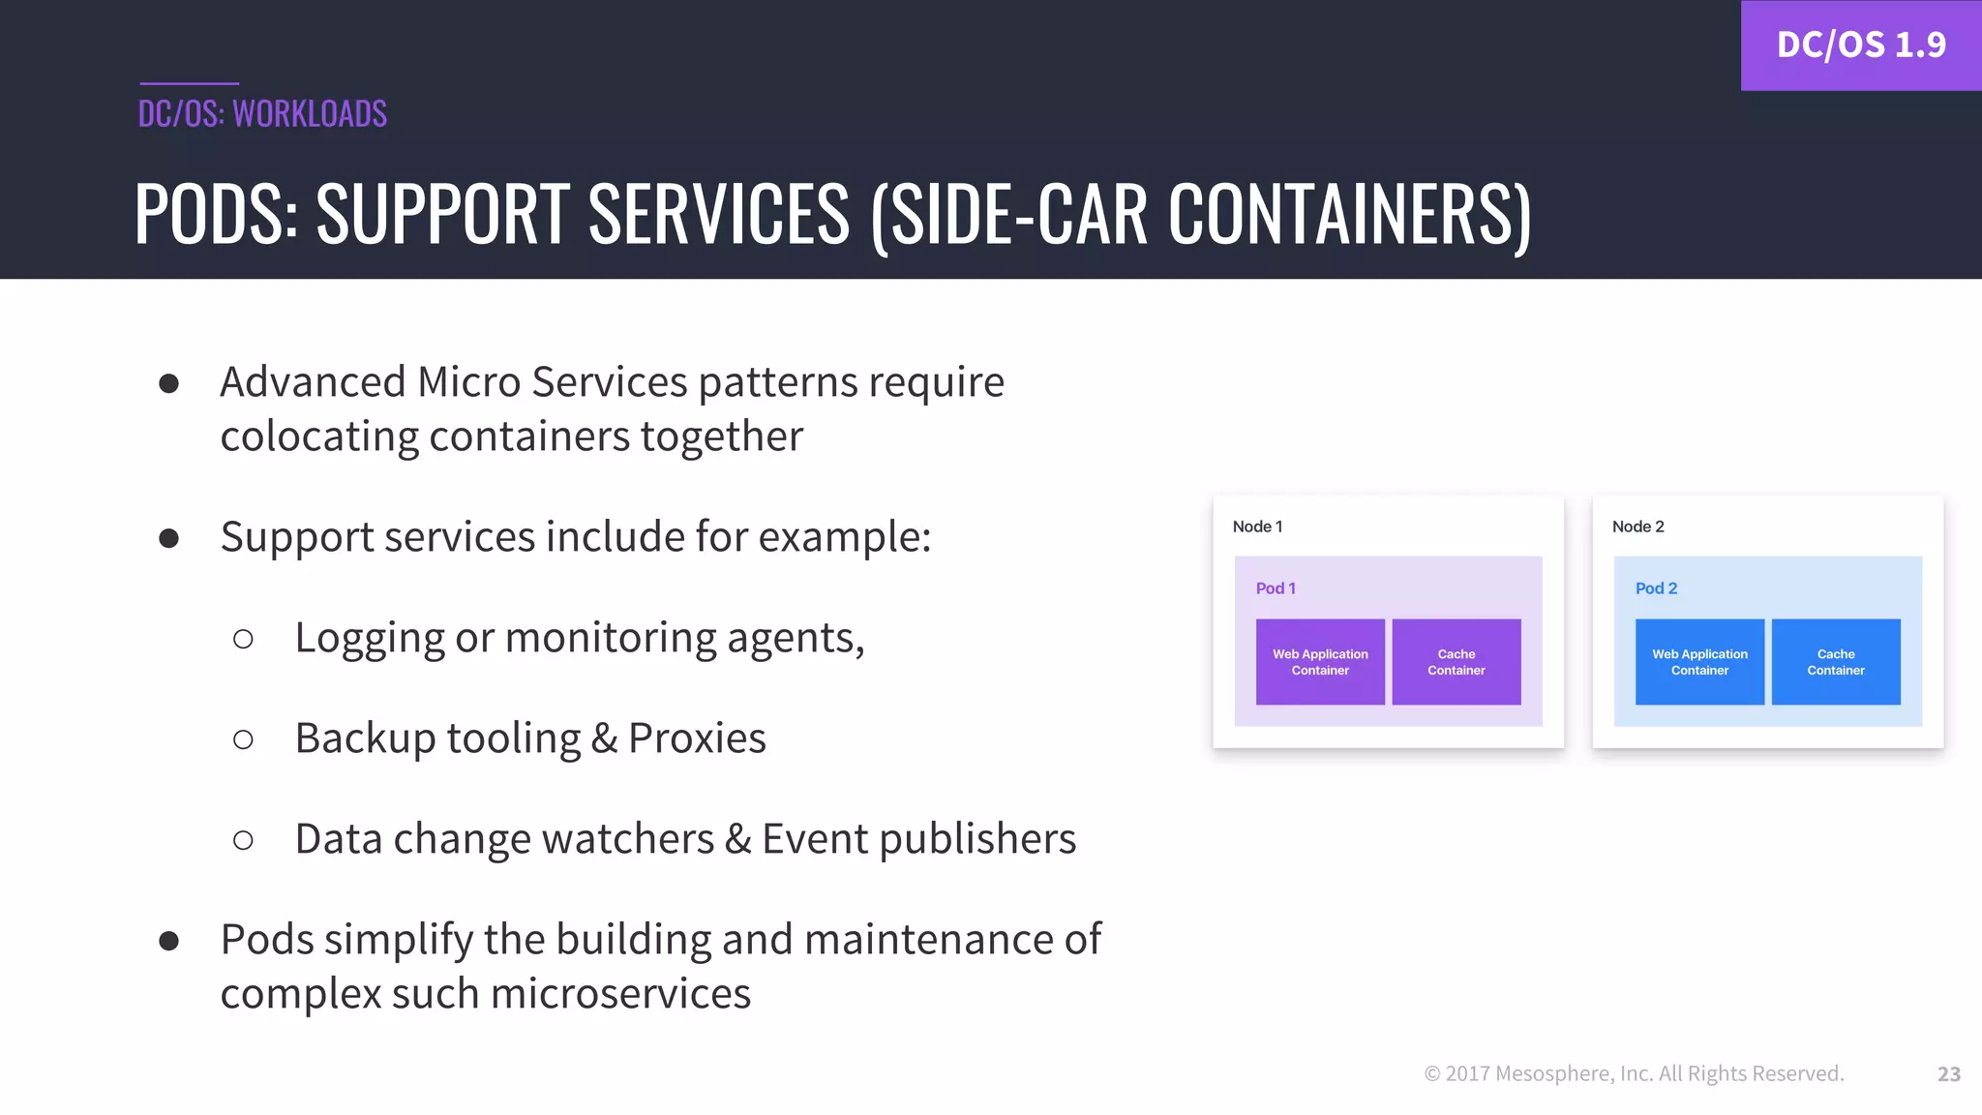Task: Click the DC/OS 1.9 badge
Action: (1860, 45)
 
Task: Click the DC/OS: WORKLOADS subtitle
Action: (262, 114)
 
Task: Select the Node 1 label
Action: (1257, 527)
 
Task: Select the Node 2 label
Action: (1637, 527)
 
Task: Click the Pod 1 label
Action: (1275, 588)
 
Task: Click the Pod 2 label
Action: (1655, 588)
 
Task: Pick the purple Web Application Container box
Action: (1320, 662)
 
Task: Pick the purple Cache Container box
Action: (1456, 662)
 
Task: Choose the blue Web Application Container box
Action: (1699, 662)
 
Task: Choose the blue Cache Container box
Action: (1835, 662)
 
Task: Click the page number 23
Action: (1948, 1074)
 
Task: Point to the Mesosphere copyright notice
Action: (1634, 1073)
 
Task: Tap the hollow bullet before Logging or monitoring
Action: (243, 639)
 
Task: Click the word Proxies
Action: (697, 738)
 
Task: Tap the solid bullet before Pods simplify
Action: (169, 941)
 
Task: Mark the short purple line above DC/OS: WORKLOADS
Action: (189, 83)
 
